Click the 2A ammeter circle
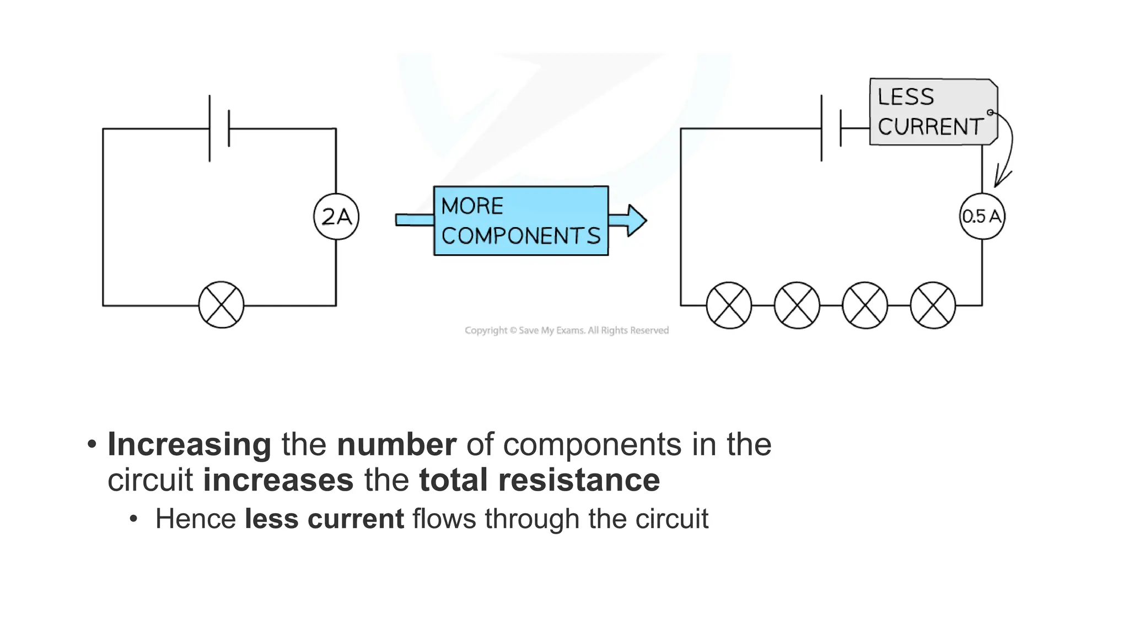(x=336, y=217)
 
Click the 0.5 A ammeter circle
(x=982, y=216)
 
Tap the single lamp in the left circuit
(x=221, y=305)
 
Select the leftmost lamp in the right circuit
(x=729, y=305)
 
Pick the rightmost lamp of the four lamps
(x=933, y=305)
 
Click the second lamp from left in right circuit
(x=797, y=305)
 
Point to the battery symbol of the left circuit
(x=219, y=128)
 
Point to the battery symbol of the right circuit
(x=831, y=128)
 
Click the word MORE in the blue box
(x=472, y=206)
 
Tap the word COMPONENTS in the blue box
(x=520, y=236)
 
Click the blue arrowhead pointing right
(x=635, y=220)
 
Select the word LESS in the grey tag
(x=906, y=97)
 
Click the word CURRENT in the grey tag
(x=931, y=127)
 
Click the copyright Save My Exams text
(x=566, y=330)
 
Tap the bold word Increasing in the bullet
(x=189, y=444)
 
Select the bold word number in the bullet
(x=396, y=444)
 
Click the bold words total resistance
(x=539, y=480)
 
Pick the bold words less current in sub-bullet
(x=324, y=519)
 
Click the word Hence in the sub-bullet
(x=196, y=519)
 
